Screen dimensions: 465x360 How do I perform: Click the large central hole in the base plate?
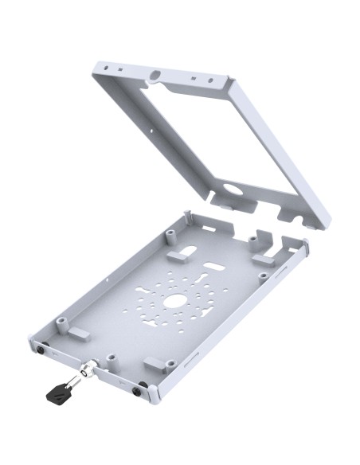[x=174, y=302]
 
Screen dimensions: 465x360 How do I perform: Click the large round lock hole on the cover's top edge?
[x=154, y=76]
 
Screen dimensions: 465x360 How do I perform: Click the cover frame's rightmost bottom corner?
[x=323, y=226]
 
